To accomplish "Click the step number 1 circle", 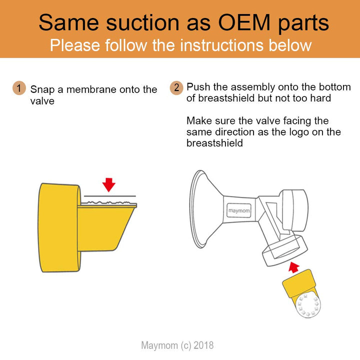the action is (x=19, y=88).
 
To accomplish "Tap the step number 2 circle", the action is (x=176, y=88).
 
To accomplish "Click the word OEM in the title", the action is (x=244, y=22).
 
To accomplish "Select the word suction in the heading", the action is (x=142, y=22).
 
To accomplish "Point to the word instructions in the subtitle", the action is (x=221, y=45).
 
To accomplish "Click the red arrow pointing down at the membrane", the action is (x=109, y=184).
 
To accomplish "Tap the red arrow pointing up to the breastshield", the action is (x=293, y=267).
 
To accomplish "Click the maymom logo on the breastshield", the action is (x=239, y=210).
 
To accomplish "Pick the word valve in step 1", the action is (x=42, y=101).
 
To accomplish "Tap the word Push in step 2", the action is (x=198, y=87).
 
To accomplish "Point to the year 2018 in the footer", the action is (x=203, y=345).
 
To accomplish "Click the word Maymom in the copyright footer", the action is (x=159, y=345).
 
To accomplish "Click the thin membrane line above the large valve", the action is (x=109, y=196).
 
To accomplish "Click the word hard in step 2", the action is (x=320, y=98).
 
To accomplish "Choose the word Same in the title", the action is (x=69, y=22).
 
